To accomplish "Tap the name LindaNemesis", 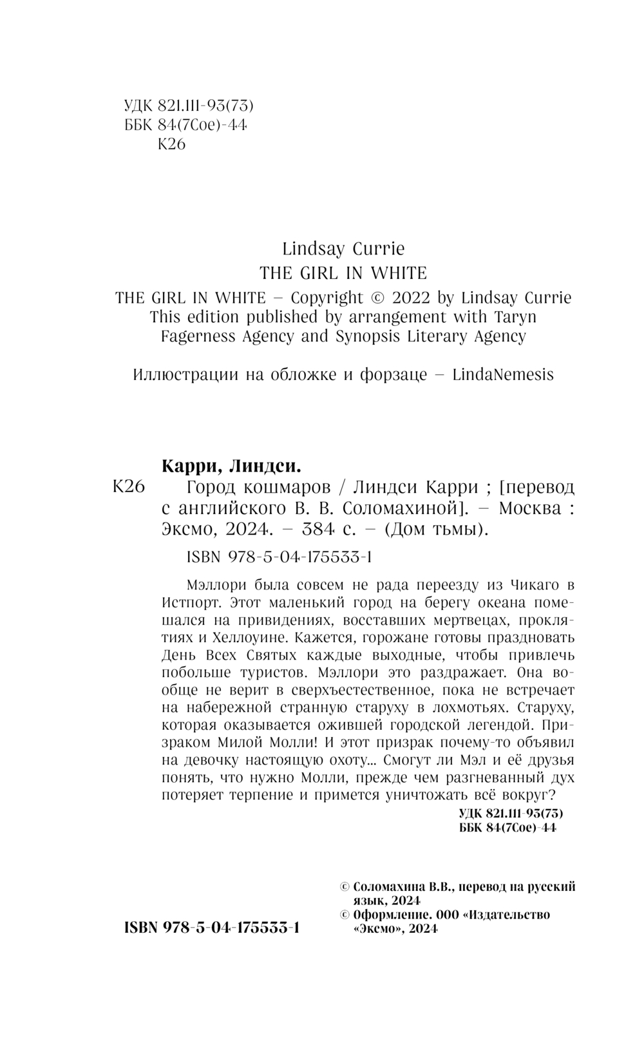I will [x=503, y=374].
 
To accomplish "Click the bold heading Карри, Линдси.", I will [x=230, y=466].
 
